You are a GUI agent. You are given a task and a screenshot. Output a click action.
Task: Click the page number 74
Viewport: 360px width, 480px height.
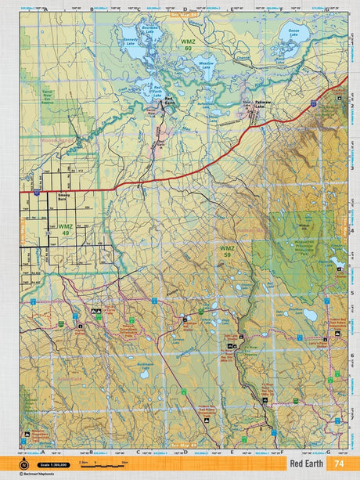tap(338, 464)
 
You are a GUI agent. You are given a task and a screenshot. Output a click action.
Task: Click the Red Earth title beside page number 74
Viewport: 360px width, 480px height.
tap(306, 464)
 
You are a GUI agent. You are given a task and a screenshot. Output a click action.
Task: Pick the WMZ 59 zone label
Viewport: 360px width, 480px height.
tap(226, 251)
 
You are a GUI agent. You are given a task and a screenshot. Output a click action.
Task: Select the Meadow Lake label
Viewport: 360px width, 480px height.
tap(206, 67)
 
